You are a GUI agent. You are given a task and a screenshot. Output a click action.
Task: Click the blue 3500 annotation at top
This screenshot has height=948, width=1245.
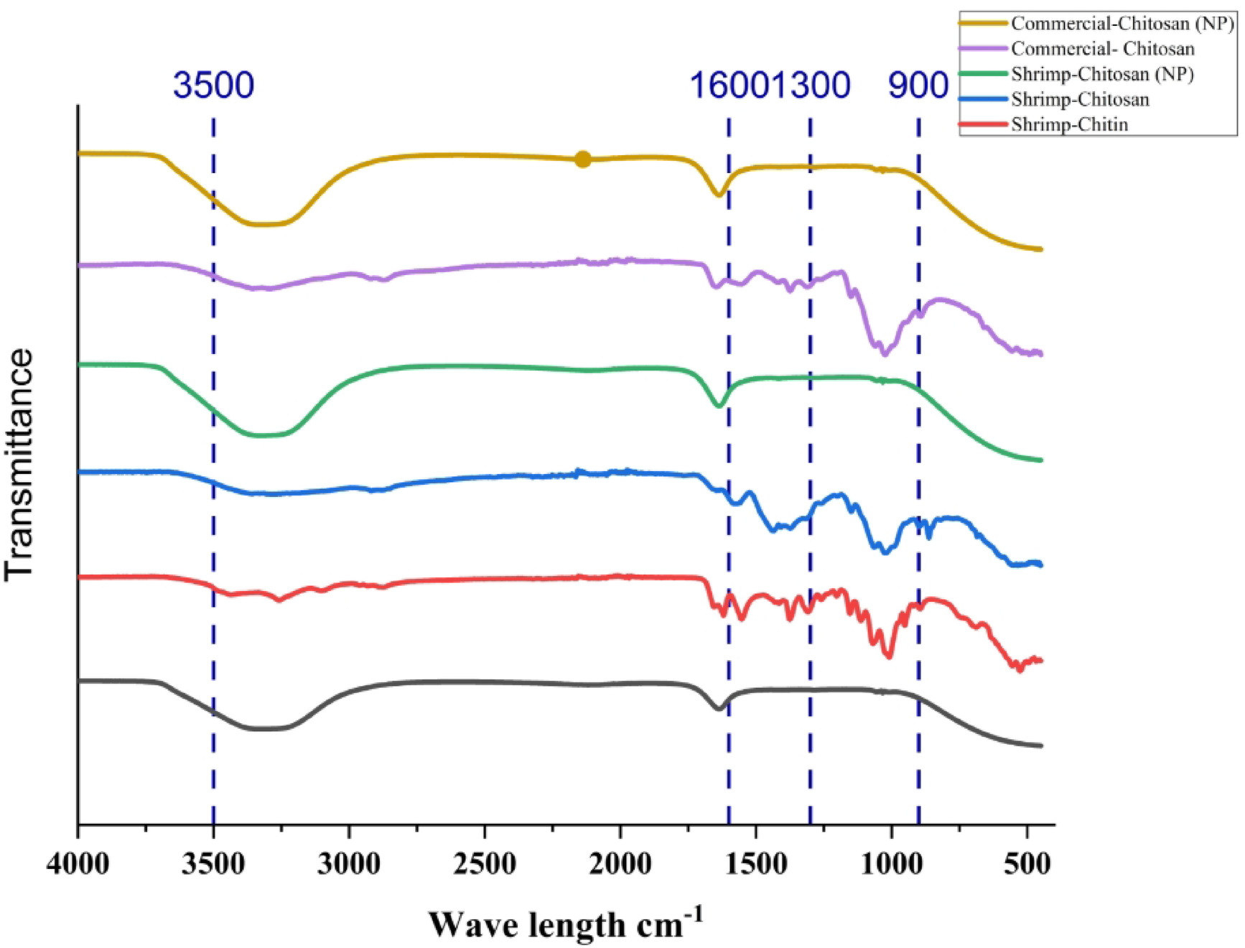[x=213, y=85]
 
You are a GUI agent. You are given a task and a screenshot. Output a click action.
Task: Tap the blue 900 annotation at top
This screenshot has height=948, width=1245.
[x=918, y=85]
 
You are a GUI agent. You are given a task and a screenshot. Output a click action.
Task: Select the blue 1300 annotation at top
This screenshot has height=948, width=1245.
[x=821, y=85]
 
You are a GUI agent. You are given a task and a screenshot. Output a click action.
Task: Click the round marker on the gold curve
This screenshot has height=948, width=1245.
[x=583, y=159]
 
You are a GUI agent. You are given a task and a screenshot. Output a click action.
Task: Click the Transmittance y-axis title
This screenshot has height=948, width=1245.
[x=19, y=464]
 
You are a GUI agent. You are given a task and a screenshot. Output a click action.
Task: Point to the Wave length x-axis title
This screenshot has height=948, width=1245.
[x=566, y=924]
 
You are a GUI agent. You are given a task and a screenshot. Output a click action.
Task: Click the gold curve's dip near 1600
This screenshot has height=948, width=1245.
[x=718, y=195]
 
